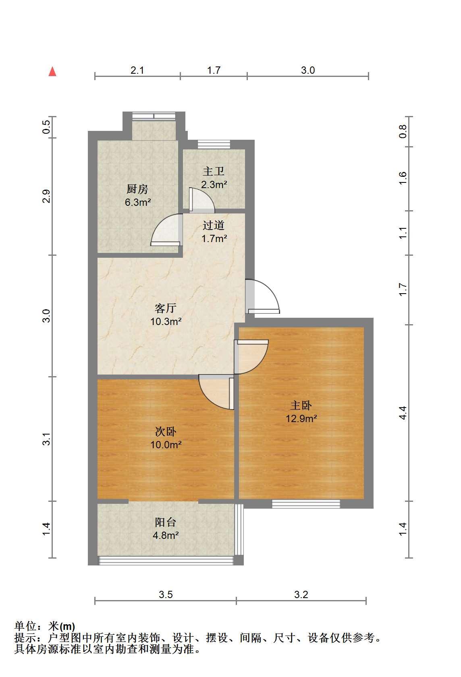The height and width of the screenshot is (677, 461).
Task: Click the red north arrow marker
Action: coord(52,72)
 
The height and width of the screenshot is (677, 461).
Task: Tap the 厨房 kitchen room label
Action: coord(137,189)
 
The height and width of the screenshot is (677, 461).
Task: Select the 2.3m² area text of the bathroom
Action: coord(214,184)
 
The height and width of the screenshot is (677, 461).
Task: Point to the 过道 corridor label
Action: coord(214,225)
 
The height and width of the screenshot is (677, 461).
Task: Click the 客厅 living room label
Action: coord(166,308)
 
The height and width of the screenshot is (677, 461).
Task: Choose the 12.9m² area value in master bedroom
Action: coord(301,418)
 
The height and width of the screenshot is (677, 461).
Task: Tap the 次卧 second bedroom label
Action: coord(166,432)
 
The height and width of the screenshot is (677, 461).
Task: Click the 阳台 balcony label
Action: coord(166,522)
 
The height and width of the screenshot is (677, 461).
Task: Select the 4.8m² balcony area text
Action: coord(166,536)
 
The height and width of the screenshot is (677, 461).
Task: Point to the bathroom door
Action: coord(201,199)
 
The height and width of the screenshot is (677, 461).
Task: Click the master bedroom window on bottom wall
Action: coord(306,504)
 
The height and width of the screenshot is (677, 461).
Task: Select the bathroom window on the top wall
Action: coord(214,144)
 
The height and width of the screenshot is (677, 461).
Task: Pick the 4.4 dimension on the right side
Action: coord(403,413)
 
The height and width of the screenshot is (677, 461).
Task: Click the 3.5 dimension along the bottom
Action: coord(166,595)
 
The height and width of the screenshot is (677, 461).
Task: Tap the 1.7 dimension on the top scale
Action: coord(214,70)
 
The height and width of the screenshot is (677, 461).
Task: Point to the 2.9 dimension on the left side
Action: coord(46,196)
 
